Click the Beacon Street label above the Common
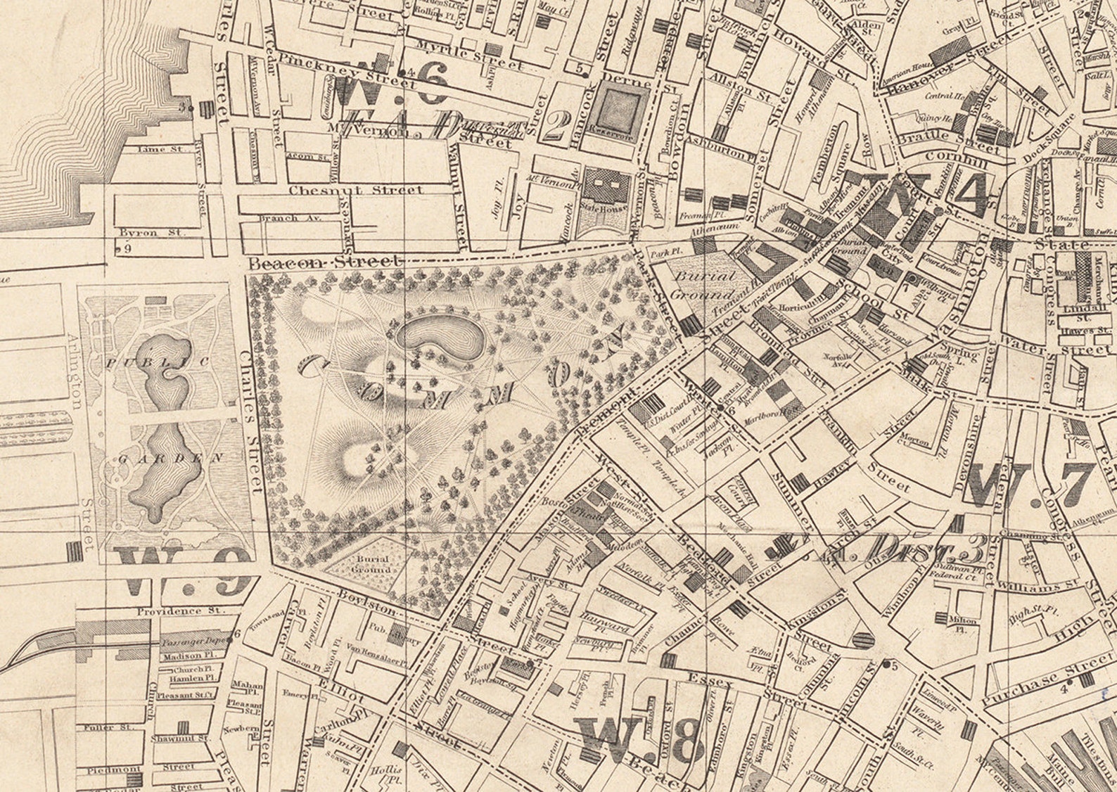[x=324, y=262]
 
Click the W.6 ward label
[x=390, y=86]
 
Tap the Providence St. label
[x=170, y=611]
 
